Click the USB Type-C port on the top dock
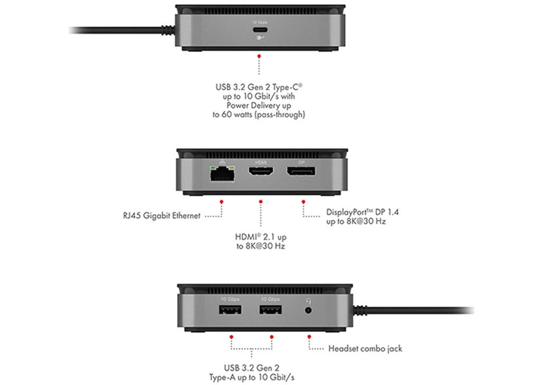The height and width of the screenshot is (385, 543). pos(260,30)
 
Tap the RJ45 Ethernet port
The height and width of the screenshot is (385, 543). pos(222,173)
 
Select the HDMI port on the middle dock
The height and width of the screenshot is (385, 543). pos(260,171)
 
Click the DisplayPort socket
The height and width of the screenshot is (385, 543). pos(301,171)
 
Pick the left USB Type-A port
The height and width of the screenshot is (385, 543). pos(230,309)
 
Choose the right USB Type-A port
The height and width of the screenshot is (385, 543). pos(270,309)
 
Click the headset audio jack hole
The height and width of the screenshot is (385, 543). pos(308,310)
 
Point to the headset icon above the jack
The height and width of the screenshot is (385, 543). pos(308,300)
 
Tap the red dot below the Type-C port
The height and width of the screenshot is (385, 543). pos(259,56)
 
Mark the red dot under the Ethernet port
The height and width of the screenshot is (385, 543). pos(221,201)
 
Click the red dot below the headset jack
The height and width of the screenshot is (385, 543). pos(309,337)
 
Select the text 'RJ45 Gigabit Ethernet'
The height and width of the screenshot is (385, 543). pos(162,216)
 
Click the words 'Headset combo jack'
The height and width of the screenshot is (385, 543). pos(366,349)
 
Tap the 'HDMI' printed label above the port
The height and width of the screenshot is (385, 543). pos(261,162)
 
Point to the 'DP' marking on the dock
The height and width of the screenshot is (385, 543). pos(301,162)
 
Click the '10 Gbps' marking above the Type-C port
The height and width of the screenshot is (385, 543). pos(260,22)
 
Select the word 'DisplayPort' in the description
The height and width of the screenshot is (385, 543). pos(347,212)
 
